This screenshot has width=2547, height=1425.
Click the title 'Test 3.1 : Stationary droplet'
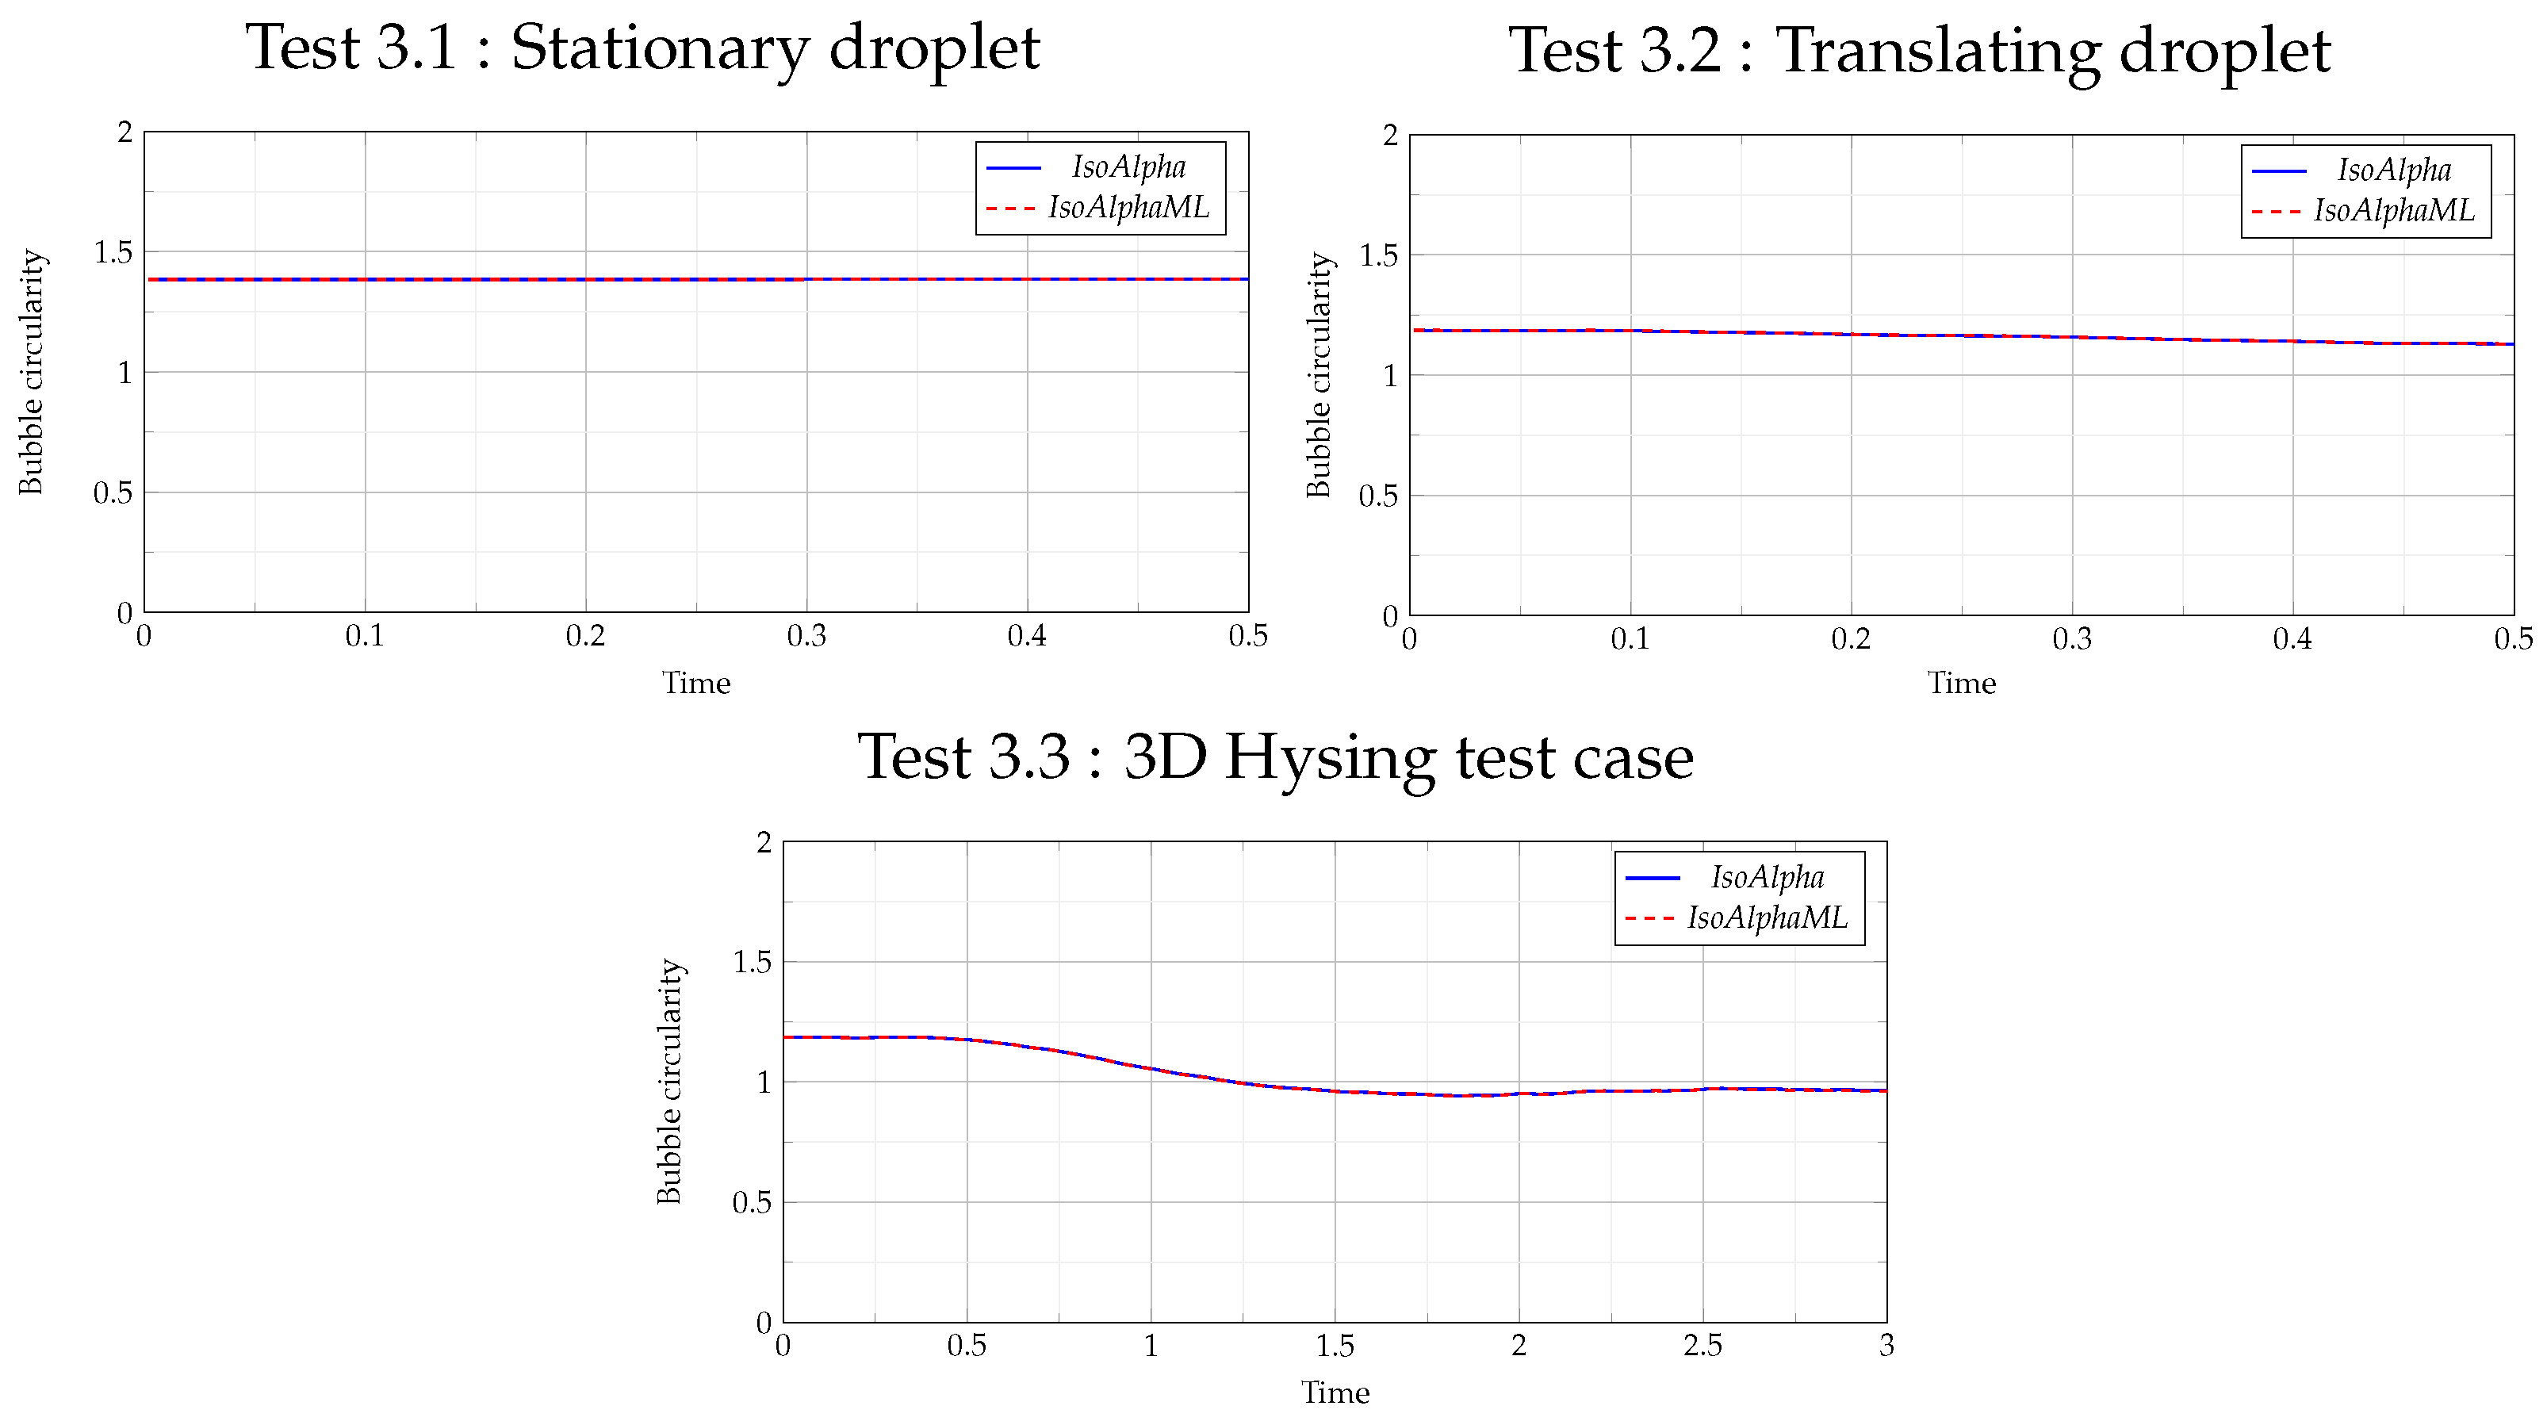pyautogui.click(x=642, y=48)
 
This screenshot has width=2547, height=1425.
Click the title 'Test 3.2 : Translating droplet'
pyautogui.click(x=1919, y=51)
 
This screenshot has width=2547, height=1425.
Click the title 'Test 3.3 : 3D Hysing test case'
pyautogui.click(x=1275, y=757)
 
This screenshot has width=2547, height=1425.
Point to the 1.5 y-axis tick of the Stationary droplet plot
pyautogui.click(x=113, y=253)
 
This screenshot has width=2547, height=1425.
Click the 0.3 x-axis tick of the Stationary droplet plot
pyautogui.click(x=806, y=636)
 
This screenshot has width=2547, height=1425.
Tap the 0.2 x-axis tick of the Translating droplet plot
pyautogui.click(x=1851, y=639)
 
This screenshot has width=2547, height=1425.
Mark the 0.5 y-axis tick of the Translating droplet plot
pyautogui.click(x=1378, y=496)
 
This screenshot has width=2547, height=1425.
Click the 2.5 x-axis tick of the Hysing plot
pyautogui.click(x=1702, y=1346)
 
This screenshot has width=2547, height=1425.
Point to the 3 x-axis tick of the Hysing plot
pyautogui.click(x=1886, y=1346)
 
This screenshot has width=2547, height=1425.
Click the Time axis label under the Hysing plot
pyautogui.click(x=1335, y=1392)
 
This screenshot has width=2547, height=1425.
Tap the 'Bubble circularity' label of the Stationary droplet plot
pyautogui.click(x=32, y=372)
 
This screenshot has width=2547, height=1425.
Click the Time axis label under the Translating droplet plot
pyautogui.click(x=1962, y=684)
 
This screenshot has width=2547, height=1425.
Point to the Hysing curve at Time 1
pyautogui.click(x=1151, y=1069)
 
